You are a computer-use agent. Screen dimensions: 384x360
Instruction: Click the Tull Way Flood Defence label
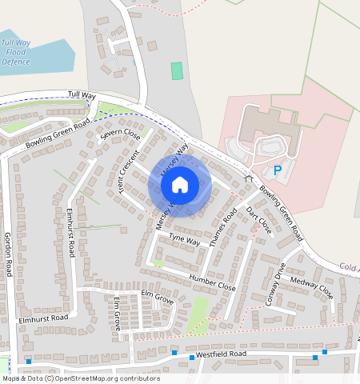(x=16, y=52)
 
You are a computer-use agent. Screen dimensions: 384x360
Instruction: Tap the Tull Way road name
(x=82, y=95)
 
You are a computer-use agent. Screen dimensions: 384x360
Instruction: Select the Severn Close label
(x=120, y=135)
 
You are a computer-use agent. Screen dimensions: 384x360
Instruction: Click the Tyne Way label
(x=184, y=240)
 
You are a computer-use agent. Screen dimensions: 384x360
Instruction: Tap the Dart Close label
(x=259, y=221)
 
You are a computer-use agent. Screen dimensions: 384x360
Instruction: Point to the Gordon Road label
(x=8, y=254)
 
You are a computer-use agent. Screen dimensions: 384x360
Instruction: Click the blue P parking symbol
(x=278, y=170)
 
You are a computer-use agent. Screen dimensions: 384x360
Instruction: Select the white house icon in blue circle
(x=179, y=186)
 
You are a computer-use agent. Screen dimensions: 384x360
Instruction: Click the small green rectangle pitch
(x=177, y=70)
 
